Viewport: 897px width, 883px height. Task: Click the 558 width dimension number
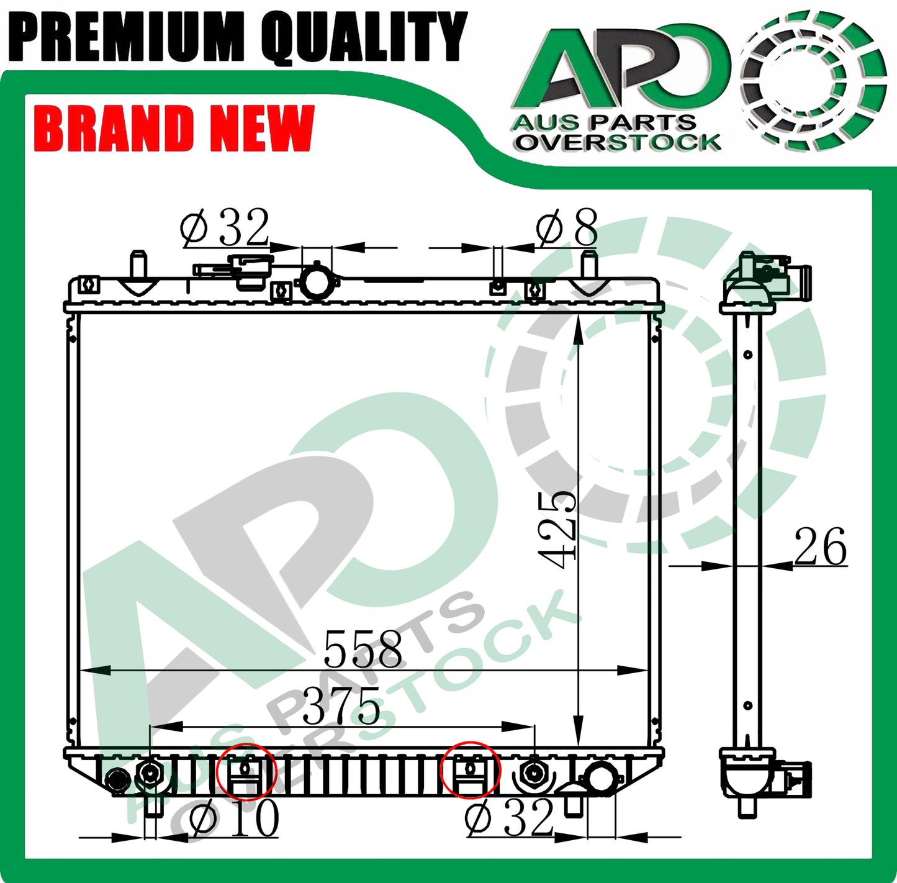[x=362, y=650]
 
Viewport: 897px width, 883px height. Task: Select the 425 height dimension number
[x=557, y=530]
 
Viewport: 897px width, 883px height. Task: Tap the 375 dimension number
[x=341, y=705]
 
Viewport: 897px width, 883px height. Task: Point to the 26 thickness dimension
[x=820, y=546]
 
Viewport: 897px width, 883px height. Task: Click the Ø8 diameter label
[x=567, y=227]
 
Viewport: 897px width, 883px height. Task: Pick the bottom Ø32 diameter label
[x=509, y=817]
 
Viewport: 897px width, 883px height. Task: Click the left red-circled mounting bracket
[x=246, y=771]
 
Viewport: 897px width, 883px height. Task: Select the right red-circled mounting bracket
[x=470, y=770]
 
